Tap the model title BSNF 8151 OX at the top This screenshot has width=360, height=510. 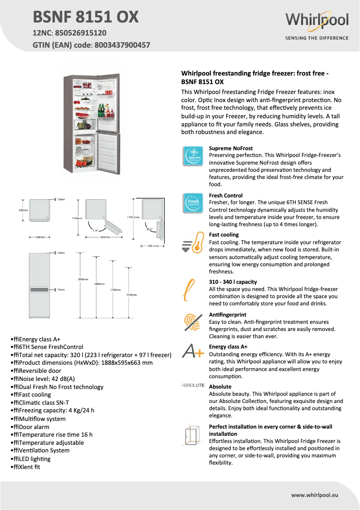(x=86, y=17)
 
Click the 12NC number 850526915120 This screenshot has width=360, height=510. (x=81, y=33)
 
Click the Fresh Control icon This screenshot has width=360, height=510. (x=193, y=203)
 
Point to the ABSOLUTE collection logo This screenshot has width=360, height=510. (x=193, y=385)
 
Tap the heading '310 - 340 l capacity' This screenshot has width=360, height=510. (x=233, y=282)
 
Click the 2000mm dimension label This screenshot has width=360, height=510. (x=83, y=280)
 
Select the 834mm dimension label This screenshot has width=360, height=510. (x=105, y=237)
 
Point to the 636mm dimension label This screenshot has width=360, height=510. (x=23, y=210)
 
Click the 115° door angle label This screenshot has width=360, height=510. (x=96, y=230)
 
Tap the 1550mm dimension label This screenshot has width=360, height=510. (x=132, y=295)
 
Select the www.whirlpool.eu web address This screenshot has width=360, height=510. (x=314, y=495)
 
